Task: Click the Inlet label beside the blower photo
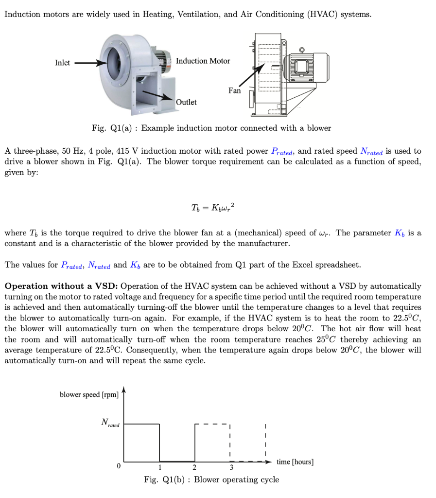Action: tap(62, 63)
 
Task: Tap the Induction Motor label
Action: tap(203, 61)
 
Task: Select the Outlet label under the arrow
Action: tap(186, 102)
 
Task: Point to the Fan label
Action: tap(234, 90)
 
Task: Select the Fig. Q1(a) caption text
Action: tap(211, 128)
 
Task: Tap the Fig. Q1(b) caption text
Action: tap(211, 480)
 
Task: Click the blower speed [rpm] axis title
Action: tap(89, 394)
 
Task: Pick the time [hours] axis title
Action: tap(295, 462)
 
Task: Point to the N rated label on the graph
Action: tap(110, 423)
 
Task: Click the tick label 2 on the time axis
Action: tap(194, 468)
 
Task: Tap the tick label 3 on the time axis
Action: tap(231, 468)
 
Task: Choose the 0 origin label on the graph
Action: tap(118, 466)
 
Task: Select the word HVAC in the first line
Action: tap(321, 15)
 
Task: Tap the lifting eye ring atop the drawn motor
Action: tap(302, 50)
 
